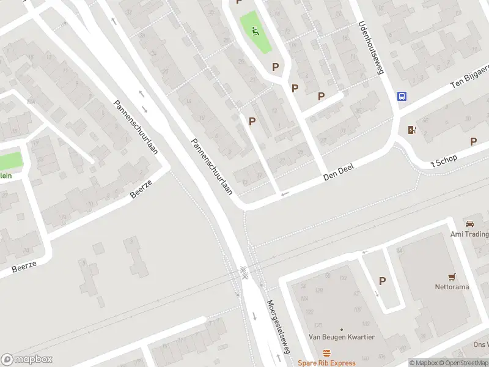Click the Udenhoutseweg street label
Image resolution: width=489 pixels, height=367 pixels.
point(370,48)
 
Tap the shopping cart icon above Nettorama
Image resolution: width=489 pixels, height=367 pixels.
point(452,277)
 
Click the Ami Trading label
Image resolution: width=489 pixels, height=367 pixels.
point(469,234)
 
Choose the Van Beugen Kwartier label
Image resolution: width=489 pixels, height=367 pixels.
point(341,337)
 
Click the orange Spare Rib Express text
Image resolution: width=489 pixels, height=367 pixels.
point(326,363)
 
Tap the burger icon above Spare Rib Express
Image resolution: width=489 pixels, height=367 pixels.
point(326,353)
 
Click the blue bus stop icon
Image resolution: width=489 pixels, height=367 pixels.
point(402,97)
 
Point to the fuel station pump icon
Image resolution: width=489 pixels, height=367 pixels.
point(411,130)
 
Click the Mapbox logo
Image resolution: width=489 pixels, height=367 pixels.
point(26,360)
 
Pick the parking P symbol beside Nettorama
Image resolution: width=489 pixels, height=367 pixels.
point(383,281)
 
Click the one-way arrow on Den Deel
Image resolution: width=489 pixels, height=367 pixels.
point(284,195)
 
